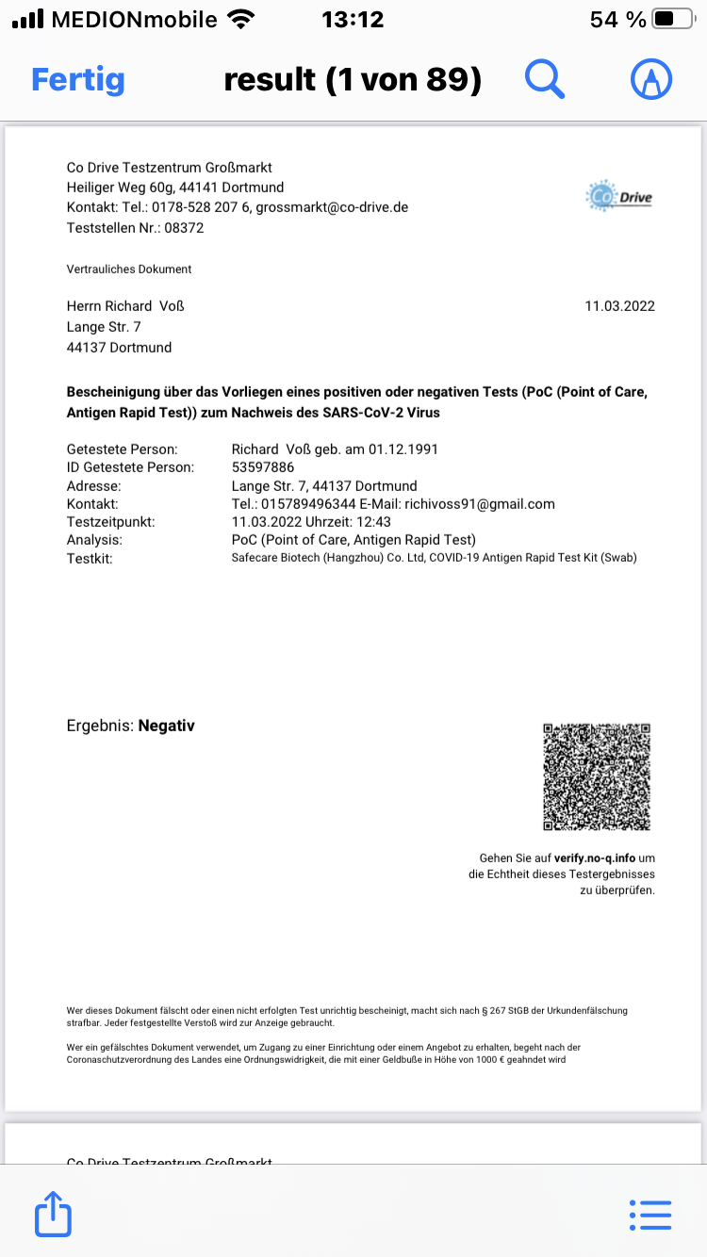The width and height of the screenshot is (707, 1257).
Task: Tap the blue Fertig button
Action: [78, 80]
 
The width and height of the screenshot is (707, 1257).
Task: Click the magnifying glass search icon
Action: [544, 80]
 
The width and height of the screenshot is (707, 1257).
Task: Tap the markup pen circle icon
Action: [650, 80]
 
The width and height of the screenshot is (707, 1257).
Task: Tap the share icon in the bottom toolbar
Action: [54, 1214]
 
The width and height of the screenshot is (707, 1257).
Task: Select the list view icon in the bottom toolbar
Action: [649, 1215]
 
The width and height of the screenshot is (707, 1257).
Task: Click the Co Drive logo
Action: [618, 197]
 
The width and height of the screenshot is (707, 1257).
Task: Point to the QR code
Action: [597, 776]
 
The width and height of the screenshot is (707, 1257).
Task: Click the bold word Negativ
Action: [166, 726]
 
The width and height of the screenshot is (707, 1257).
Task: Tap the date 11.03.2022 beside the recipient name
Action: [619, 306]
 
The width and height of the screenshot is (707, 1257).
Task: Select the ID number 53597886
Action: [263, 467]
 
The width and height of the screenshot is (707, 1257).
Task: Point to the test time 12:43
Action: [373, 522]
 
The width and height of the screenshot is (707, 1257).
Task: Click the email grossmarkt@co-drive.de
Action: [332, 207]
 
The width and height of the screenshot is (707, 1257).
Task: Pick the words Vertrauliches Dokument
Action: [129, 269]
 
